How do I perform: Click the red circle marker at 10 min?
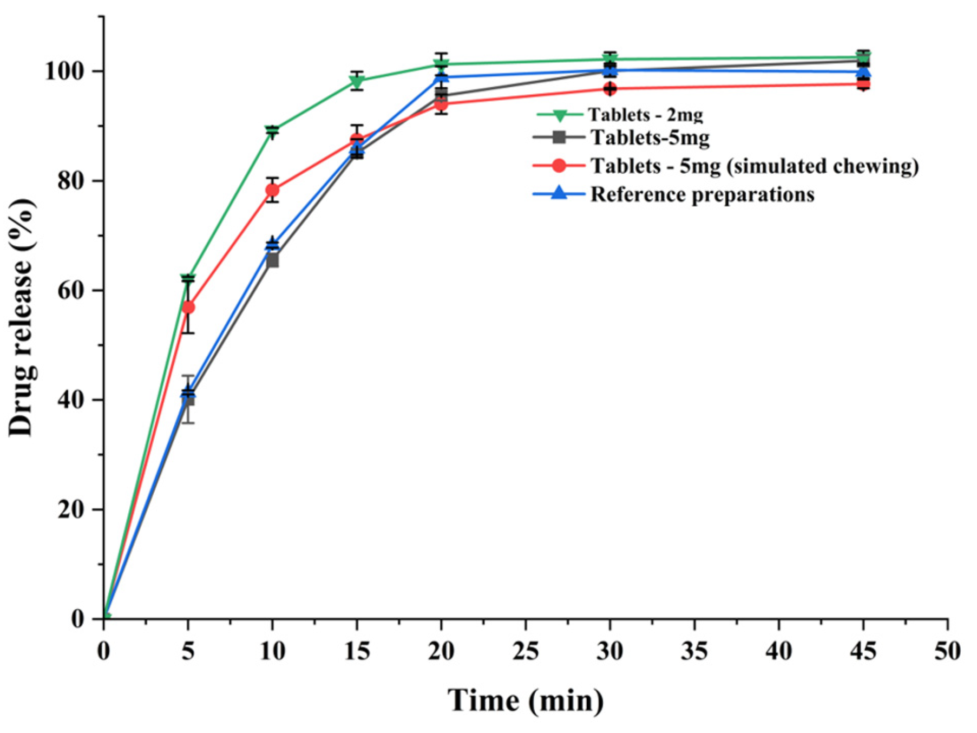272,190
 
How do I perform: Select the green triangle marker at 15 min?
357,82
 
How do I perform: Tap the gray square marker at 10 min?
272,261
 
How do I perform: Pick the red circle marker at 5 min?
188,307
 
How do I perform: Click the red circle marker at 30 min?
610,88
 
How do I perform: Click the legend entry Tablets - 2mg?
645,115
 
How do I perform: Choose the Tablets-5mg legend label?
650,138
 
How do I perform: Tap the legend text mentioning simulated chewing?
754,166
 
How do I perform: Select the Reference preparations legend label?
702,194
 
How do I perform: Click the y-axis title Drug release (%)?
22,317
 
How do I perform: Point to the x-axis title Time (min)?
525,700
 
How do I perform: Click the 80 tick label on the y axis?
71,181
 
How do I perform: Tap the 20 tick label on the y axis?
71,509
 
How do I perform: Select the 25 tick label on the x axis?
525,651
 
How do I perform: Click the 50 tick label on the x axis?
947,651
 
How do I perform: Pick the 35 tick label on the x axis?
694,651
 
